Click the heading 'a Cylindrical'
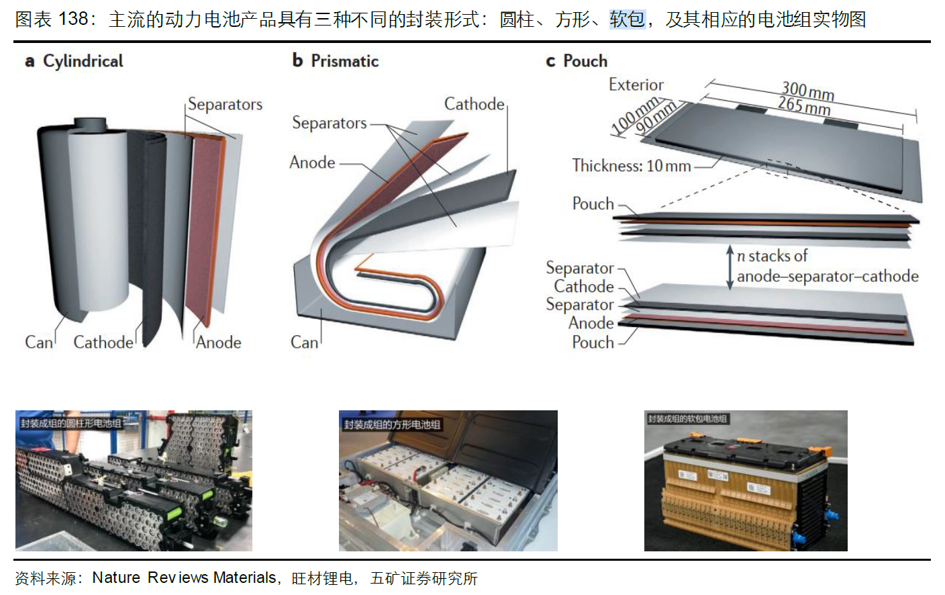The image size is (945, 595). click(x=74, y=61)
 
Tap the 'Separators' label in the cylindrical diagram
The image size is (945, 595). click(x=225, y=105)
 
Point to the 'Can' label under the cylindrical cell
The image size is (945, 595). click(x=38, y=342)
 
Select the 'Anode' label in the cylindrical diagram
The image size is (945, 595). click(x=219, y=342)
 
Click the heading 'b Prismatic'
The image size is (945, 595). click(x=336, y=61)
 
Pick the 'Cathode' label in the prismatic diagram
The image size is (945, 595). click(x=474, y=104)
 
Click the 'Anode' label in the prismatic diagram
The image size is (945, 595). click(x=312, y=163)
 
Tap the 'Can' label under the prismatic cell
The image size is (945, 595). click(x=304, y=342)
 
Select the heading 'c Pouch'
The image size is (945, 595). click(x=577, y=61)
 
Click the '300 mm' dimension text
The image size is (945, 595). click(x=807, y=90)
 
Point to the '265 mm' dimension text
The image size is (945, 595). click(x=804, y=105)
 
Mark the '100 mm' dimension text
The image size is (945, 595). click(x=634, y=115)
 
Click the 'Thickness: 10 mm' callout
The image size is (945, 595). click(x=631, y=166)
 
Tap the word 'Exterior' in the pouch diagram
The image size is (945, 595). click(x=636, y=85)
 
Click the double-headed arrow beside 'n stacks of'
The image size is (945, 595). click(x=730, y=267)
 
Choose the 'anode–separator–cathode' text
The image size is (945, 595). click(x=827, y=277)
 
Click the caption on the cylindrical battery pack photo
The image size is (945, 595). click(x=71, y=423)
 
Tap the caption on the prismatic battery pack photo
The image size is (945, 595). click(x=392, y=424)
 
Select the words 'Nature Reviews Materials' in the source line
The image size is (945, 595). click(x=185, y=578)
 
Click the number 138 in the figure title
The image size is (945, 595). click(x=73, y=19)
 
